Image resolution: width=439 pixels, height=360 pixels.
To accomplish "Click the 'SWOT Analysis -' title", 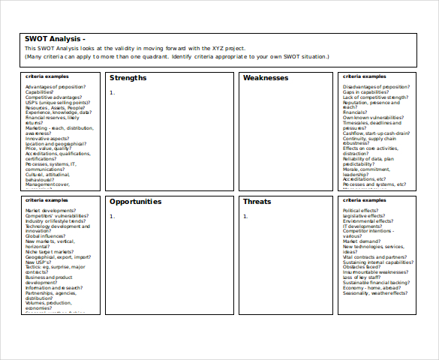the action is (55, 39).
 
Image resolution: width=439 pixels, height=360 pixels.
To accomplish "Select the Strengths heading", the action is (128, 78).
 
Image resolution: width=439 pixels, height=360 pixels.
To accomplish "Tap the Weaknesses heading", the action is (266, 78).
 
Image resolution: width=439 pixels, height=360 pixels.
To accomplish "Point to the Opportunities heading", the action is (135, 202).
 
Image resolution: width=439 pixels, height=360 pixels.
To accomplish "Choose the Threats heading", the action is (257, 202).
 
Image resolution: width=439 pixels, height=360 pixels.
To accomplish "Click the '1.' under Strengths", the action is (112, 92).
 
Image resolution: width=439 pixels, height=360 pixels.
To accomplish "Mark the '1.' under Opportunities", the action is (112, 216).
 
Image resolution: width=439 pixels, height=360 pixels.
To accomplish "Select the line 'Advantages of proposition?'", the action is (56, 87).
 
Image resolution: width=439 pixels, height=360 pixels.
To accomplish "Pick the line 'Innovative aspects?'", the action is (47, 138).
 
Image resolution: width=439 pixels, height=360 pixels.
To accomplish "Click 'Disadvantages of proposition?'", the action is (375, 87).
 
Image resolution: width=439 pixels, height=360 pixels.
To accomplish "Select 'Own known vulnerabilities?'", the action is (373, 118).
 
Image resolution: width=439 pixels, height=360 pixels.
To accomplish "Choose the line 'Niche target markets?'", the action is (51, 252).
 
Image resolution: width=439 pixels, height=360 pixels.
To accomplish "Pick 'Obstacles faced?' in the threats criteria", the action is (362, 267).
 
